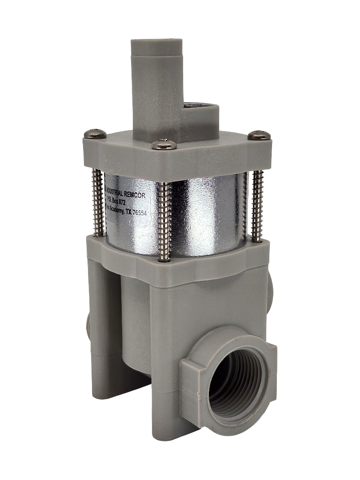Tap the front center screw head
pos(164,144)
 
